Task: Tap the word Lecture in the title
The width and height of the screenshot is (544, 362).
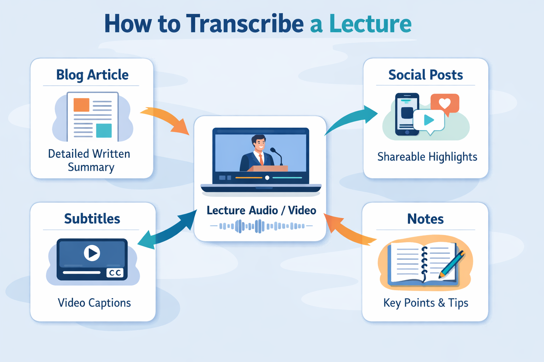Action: (370, 24)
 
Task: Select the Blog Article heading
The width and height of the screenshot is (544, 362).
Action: (92, 75)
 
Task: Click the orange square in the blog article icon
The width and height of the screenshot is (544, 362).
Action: (81, 105)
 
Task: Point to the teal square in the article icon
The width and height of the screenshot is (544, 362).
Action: (104, 130)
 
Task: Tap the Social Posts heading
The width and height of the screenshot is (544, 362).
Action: (425, 75)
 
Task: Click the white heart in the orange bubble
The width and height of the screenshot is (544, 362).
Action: (445, 103)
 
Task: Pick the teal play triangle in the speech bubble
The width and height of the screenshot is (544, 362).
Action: (429, 120)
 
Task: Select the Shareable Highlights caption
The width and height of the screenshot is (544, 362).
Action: (427, 157)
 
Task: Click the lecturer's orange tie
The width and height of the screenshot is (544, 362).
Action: (261, 159)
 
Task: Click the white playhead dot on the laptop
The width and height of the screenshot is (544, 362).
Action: (267, 178)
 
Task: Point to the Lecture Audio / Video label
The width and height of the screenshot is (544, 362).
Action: (261, 210)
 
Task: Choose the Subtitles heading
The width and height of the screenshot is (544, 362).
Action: (92, 218)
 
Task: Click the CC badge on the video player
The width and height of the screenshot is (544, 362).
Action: (115, 273)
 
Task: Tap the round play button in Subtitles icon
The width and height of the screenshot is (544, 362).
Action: (92, 253)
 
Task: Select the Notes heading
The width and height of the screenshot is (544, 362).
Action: (425, 219)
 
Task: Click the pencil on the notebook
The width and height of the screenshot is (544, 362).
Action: (452, 264)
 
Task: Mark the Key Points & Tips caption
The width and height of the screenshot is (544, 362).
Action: (426, 303)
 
